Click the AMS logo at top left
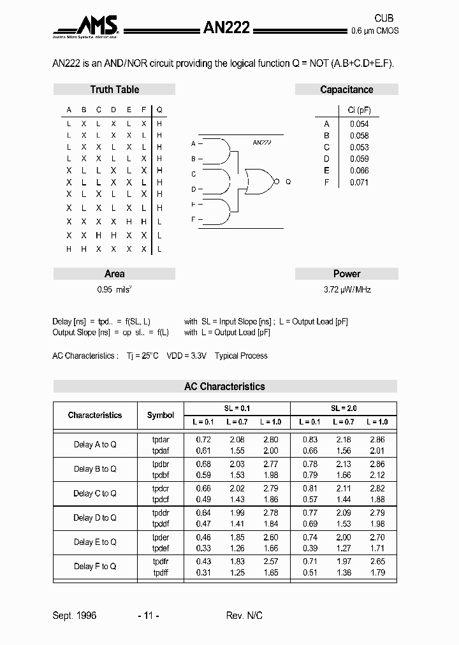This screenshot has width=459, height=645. coord(87,27)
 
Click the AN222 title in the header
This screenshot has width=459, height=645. coord(226,27)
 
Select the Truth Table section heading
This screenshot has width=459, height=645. coord(114,90)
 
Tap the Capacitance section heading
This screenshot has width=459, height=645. coord(346,90)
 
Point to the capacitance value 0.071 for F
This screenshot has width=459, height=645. coord(359,182)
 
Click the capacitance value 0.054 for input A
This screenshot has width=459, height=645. coord(359,124)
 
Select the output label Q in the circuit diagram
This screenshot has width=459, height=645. coord(288,182)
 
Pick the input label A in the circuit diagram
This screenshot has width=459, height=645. coord(193,144)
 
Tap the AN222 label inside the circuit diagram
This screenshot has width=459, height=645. coord(261,143)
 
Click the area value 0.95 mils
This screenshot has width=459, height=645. coord(114,289)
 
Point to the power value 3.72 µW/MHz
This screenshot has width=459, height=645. coord(347,289)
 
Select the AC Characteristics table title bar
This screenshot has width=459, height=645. coord(224,386)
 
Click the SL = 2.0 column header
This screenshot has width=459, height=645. coord(343,409)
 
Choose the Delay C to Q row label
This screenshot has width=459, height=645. coord(95,493)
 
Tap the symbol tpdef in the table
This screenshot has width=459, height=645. coord(161,548)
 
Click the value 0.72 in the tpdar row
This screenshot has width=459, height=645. coord(203,440)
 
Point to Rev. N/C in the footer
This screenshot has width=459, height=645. coord(244,616)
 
